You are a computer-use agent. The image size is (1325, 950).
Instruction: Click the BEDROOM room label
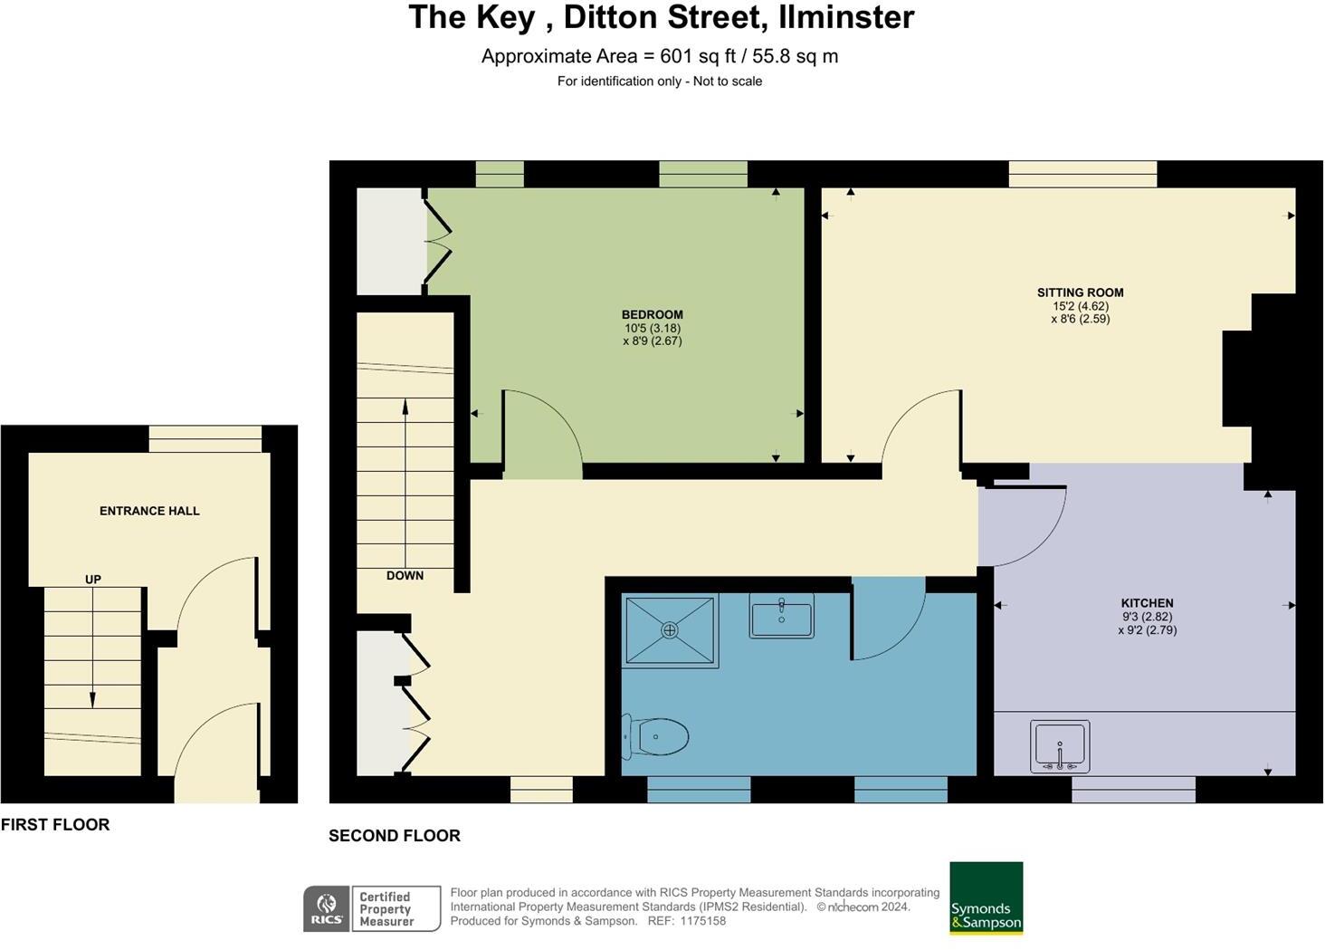pyautogui.click(x=652, y=315)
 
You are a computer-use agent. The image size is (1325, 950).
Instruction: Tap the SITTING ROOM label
pyautogui.click(x=1080, y=293)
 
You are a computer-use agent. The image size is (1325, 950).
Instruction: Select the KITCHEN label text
pyautogui.click(x=1147, y=603)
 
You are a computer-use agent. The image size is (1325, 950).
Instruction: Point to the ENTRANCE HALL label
pyautogui.click(x=149, y=511)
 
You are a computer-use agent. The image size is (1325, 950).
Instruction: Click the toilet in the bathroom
pyautogui.click(x=658, y=737)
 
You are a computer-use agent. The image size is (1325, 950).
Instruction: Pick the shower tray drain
pyautogui.click(x=670, y=629)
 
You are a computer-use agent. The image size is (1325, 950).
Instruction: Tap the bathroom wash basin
pyautogui.click(x=781, y=617)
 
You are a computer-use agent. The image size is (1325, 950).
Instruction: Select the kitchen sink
pyautogui.click(x=1060, y=746)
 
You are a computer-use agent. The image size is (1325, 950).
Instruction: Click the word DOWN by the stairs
pyautogui.click(x=405, y=575)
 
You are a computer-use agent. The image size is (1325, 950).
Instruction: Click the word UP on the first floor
pyautogui.click(x=92, y=580)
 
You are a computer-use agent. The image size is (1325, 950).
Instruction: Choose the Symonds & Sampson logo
pyautogui.click(x=986, y=898)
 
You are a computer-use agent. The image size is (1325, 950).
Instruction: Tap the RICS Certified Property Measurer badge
pyautogui.click(x=372, y=908)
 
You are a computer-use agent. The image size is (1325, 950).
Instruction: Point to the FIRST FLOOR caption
pyautogui.click(x=55, y=824)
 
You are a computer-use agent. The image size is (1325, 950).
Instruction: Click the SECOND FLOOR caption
pyautogui.click(x=394, y=836)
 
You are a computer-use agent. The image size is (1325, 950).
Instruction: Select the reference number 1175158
pyautogui.click(x=702, y=921)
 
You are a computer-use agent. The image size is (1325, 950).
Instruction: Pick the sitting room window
pyautogui.click(x=1082, y=174)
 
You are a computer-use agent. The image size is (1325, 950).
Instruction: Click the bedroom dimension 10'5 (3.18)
pyautogui.click(x=652, y=329)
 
